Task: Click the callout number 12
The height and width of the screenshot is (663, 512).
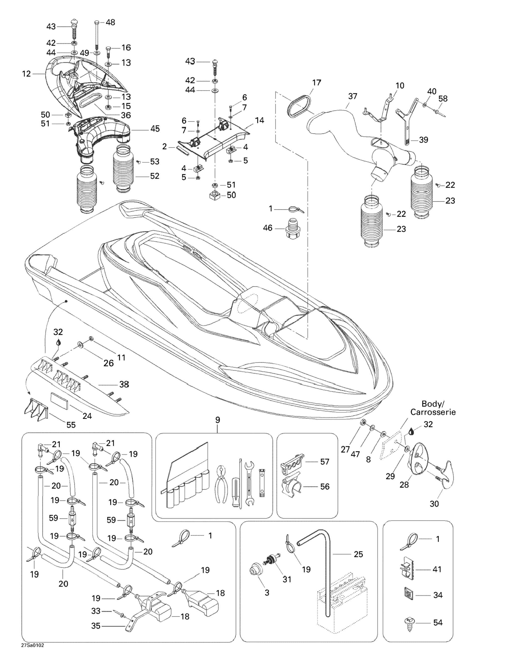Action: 26,74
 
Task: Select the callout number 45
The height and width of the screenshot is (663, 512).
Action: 155,129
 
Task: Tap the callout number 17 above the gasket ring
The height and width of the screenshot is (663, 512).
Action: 316,83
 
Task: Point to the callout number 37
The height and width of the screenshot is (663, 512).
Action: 353,96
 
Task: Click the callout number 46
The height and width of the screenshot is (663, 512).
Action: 267,228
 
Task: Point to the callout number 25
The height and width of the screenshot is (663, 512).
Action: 358,554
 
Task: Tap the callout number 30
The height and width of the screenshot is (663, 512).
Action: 434,504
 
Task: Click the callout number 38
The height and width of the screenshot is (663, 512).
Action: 124,384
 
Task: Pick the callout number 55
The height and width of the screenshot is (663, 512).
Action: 71,425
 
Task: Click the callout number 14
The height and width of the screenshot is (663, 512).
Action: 259,120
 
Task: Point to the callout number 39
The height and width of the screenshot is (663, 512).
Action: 423,140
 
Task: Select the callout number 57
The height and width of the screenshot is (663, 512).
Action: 325,462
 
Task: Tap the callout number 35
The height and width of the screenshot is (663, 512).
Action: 96,626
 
